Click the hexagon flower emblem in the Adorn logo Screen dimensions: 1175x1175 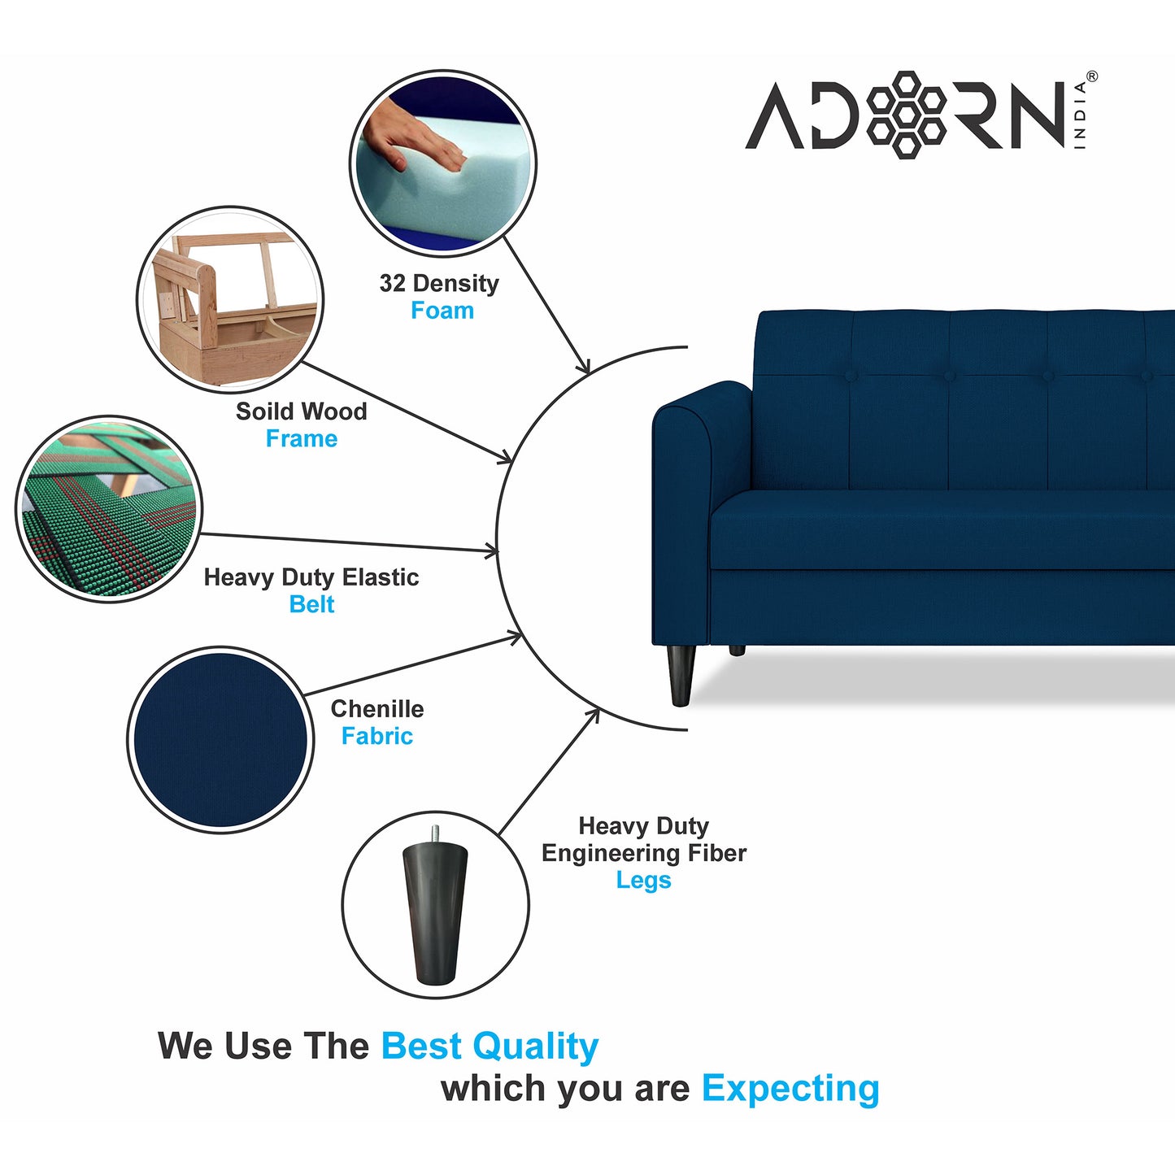point(905,115)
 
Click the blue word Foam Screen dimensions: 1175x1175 point(442,311)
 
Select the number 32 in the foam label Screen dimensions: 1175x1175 point(392,283)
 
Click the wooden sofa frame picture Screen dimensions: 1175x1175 point(230,299)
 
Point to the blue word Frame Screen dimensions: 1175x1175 point(301,439)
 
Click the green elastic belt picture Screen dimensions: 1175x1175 point(108,510)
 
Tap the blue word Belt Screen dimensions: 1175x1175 point(311,605)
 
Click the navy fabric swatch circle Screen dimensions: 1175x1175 point(220,740)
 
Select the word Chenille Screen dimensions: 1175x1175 point(376,709)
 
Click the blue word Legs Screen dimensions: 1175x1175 point(643,881)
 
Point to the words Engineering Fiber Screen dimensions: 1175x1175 point(643,853)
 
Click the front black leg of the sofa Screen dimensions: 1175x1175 point(681,674)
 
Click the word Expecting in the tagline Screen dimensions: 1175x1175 point(790,1089)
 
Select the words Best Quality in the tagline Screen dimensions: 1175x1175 point(490,1047)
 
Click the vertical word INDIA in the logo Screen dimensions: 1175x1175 point(1080,115)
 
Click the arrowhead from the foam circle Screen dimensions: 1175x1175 point(584,368)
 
